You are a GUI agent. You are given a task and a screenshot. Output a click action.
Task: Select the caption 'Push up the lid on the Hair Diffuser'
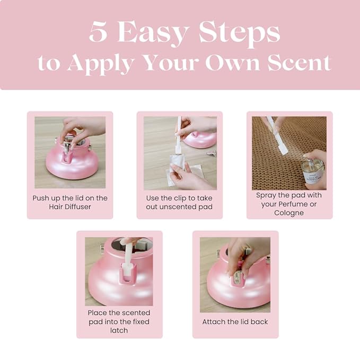coord(70,202)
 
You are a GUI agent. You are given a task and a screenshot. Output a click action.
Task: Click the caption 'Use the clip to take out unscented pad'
coord(179,202)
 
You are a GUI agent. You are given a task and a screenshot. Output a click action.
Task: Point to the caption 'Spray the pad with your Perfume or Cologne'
coord(289,204)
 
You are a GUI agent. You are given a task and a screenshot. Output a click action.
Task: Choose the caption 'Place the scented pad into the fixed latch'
coord(119,321)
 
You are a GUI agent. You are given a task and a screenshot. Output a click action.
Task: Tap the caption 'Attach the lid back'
coord(235,321)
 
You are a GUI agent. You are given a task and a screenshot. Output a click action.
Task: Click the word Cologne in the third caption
coord(289,213)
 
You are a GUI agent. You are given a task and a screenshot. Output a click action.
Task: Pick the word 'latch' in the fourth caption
coord(119,330)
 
